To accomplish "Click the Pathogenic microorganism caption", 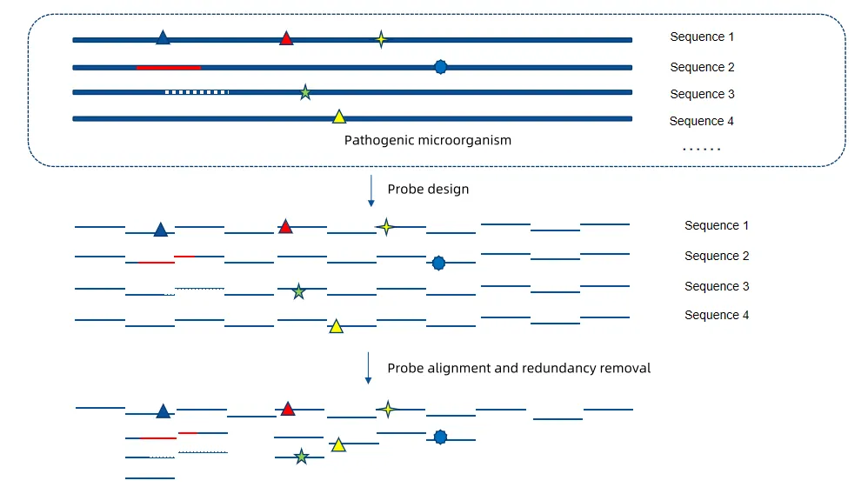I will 427,140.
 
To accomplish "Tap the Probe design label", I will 428,189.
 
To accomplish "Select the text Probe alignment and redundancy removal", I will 518,368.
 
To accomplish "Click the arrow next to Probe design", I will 371,190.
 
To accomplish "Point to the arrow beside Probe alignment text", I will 368,368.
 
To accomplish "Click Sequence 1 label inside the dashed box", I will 702,37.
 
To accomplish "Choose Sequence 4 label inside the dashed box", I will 702,121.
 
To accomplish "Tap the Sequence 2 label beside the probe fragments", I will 717,256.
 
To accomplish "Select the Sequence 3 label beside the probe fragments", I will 717,286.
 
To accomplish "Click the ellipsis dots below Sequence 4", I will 701,149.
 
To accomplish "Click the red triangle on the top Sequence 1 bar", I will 286,38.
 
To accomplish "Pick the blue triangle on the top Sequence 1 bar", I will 163,37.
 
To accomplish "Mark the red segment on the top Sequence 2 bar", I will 169,67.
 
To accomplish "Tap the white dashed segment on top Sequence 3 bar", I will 197,91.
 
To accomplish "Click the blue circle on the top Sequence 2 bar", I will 441,67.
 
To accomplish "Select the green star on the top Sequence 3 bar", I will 305,92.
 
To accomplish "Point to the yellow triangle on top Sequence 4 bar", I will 339,117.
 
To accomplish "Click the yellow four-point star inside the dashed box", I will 380,39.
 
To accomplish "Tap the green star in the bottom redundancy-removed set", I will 301,457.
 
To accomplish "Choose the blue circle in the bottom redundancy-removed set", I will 440,437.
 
